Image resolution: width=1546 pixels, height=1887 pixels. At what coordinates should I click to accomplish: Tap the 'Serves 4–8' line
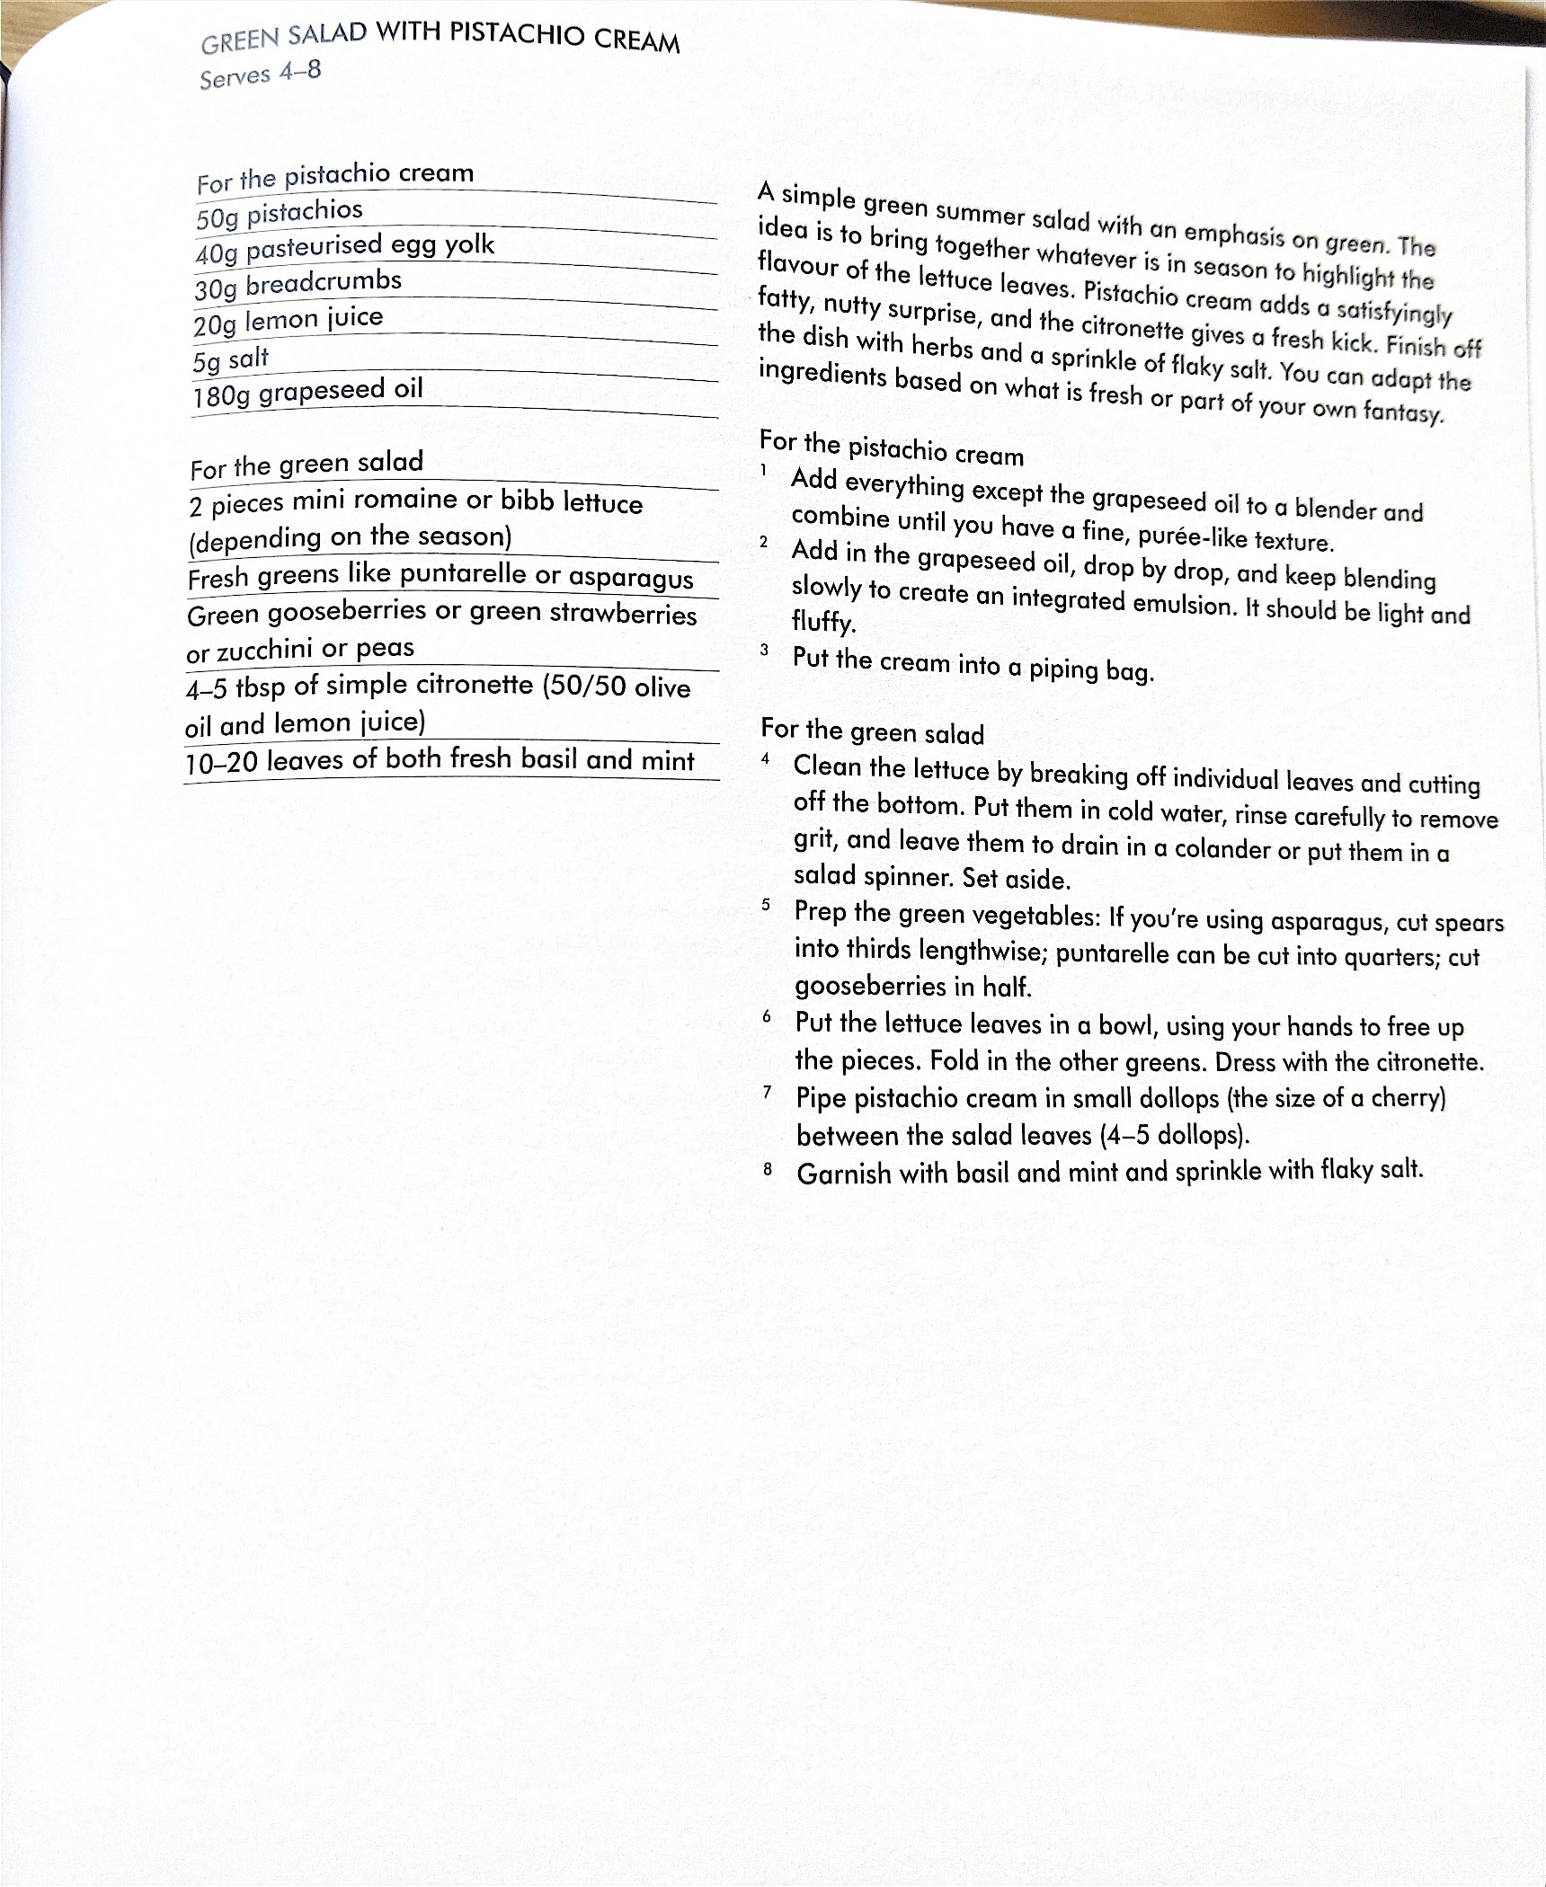[x=260, y=74]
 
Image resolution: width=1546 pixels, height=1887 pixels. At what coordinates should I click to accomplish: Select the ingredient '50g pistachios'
[x=279, y=214]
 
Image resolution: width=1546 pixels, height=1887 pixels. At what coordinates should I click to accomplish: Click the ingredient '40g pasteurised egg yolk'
[x=344, y=248]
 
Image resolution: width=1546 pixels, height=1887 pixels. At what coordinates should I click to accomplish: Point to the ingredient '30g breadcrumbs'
[x=298, y=285]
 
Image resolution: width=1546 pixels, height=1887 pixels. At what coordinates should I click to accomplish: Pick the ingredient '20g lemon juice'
[x=288, y=321]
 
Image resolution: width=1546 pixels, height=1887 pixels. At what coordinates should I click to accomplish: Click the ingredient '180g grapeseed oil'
[x=307, y=393]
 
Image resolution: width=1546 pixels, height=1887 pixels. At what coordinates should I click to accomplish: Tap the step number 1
[x=763, y=469]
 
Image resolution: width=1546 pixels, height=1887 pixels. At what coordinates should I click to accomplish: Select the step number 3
[x=764, y=650]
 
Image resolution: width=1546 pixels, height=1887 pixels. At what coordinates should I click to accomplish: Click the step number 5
[x=766, y=905]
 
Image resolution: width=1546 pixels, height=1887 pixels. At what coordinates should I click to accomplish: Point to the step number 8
[x=768, y=1169]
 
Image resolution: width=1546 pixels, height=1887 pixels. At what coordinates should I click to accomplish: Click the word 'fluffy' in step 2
[x=822, y=621]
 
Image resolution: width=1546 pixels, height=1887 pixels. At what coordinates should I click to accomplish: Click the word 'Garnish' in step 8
[x=843, y=1174]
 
